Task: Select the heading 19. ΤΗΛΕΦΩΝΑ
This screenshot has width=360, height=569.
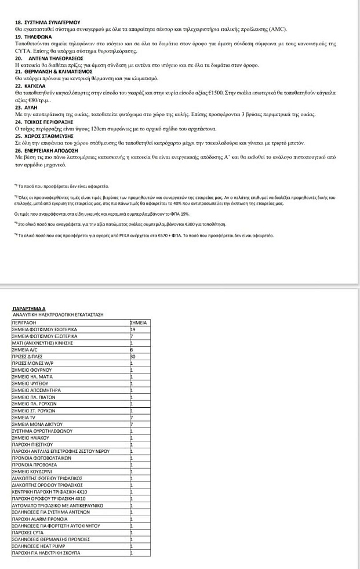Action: pos(34,37)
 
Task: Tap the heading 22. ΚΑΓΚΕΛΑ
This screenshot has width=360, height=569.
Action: pos(32,86)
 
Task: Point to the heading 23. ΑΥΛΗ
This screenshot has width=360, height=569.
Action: pos(27,108)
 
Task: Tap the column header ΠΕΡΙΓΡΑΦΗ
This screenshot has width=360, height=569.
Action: pos(24,321)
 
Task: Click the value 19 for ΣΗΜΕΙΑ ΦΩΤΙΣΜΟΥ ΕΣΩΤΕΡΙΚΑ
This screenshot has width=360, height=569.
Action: pos(133,329)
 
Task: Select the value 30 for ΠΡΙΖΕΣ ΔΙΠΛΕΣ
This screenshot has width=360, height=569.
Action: pos(133,356)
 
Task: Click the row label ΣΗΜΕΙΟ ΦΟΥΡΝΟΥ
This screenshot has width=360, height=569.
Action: pos(32,370)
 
